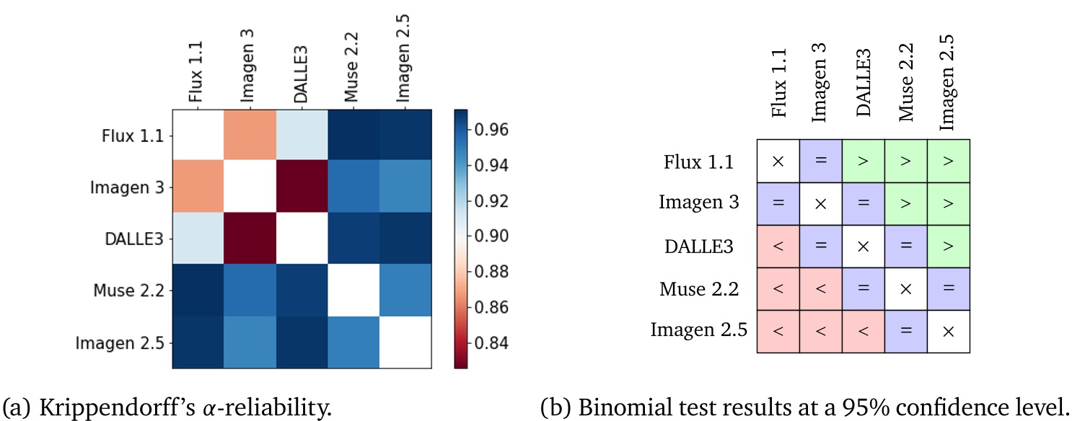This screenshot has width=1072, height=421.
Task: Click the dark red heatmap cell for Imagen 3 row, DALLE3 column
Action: point(302,187)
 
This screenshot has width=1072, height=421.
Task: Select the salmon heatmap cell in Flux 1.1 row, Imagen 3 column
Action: point(250,135)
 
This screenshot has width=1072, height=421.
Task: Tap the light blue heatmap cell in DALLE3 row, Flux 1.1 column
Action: point(198,239)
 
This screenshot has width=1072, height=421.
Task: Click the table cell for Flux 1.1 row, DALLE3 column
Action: point(864,161)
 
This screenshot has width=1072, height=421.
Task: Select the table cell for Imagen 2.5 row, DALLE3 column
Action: point(864,332)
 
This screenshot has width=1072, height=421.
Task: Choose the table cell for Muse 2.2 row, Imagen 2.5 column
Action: point(949,289)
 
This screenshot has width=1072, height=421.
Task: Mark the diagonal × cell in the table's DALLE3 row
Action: point(864,247)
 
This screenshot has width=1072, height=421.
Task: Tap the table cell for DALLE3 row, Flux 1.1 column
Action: point(778,247)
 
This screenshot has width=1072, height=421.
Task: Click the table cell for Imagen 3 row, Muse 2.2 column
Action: point(906,204)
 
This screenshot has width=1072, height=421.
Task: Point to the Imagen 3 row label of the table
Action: point(699,203)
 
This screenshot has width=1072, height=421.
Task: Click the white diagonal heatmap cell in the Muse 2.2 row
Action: point(353,291)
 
